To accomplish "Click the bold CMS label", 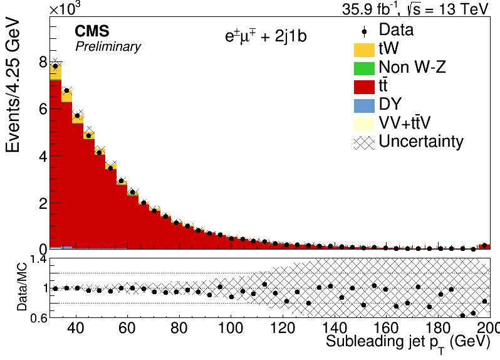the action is pos(92,31).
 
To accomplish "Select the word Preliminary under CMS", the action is pos(108,47).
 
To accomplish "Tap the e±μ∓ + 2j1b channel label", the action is pos(266,36).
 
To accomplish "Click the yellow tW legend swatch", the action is pos(364,50).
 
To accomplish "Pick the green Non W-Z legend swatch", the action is pos(364,68).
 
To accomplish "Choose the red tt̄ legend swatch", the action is pos(364,87).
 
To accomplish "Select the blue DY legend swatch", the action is pos(364,106).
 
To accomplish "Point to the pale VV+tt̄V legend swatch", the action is pos(364,124).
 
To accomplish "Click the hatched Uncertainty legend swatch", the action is pos(364,143).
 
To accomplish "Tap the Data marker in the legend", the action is pos(364,31).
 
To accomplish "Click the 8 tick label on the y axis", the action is pos(43,62).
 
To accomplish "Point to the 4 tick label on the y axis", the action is pos(43,156).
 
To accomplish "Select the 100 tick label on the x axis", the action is pos(230,328).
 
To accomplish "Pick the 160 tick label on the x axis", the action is pos(385,328).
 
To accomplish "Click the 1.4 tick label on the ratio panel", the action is pos(39,260).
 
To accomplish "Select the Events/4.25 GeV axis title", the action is pos(13,86).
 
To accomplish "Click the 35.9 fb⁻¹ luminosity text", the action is pos(370,9).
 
